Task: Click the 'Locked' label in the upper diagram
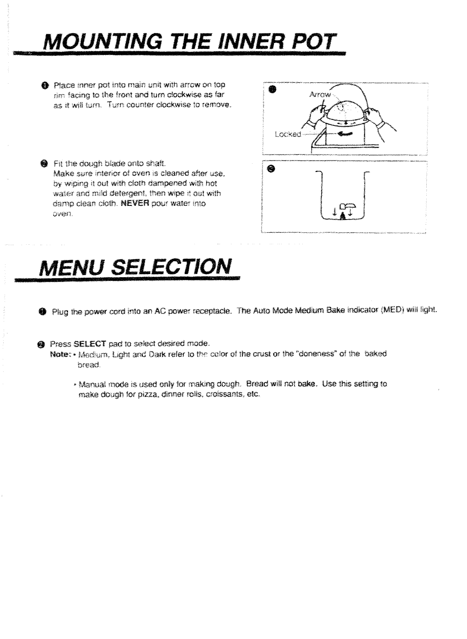[288, 134]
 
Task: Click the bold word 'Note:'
[59, 354]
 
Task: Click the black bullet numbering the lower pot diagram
[272, 170]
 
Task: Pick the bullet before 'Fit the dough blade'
[43, 163]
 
